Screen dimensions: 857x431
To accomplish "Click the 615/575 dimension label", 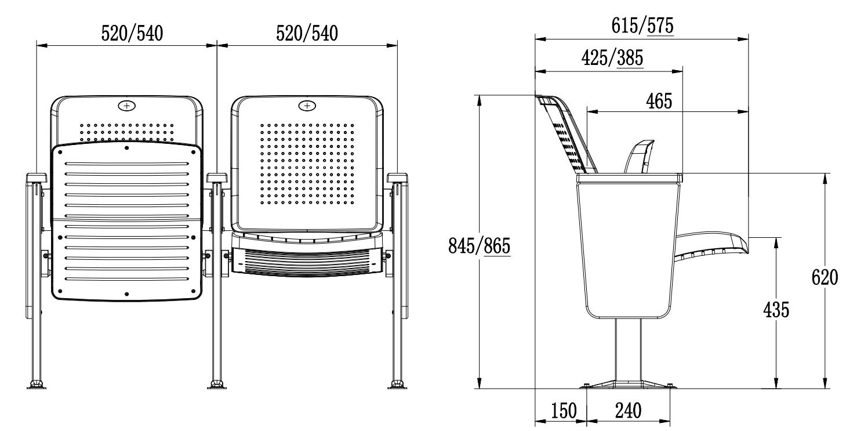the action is [x=642, y=26].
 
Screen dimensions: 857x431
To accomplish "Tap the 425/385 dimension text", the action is [x=612, y=58].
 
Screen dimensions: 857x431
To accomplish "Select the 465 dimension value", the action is [x=659, y=102].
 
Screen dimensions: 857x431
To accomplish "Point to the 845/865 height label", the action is [x=479, y=246].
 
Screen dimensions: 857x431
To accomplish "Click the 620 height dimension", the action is [x=825, y=277].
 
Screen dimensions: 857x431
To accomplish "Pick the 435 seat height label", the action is [x=776, y=310].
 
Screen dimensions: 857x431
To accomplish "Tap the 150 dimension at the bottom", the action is [x=564, y=411].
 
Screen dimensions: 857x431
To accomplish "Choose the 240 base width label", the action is [x=628, y=411].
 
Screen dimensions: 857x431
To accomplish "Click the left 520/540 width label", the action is [x=132, y=33].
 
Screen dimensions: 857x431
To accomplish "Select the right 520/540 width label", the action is [x=307, y=33].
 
